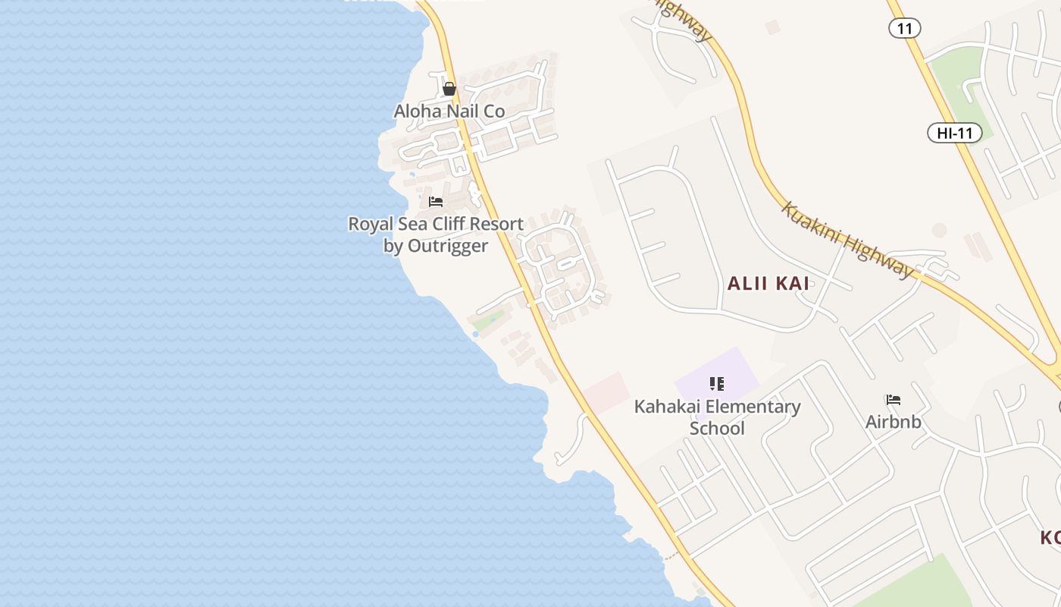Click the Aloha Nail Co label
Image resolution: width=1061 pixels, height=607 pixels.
pyautogui.click(x=449, y=112)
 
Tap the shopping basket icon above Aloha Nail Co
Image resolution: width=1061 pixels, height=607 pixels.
pyautogui.click(x=449, y=90)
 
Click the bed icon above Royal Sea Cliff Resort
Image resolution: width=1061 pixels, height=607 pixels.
pyautogui.click(x=436, y=202)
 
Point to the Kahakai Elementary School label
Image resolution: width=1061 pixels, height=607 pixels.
pyautogui.click(x=717, y=417)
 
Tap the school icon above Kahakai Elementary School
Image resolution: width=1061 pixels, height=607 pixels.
pyautogui.click(x=717, y=384)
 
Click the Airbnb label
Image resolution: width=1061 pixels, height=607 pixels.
pyautogui.click(x=894, y=422)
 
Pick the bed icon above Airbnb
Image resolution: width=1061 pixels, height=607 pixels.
pyautogui.click(x=894, y=400)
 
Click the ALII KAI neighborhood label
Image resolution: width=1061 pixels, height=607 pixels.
pyautogui.click(x=768, y=284)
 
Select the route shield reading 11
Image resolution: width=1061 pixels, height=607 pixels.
pyautogui.click(x=904, y=29)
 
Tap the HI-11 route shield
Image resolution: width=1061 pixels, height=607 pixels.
pyautogui.click(x=955, y=134)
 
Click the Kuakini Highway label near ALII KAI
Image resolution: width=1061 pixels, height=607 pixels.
pyautogui.click(x=848, y=241)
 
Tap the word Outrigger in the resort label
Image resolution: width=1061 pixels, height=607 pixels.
pyautogui.click(x=448, y=246)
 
